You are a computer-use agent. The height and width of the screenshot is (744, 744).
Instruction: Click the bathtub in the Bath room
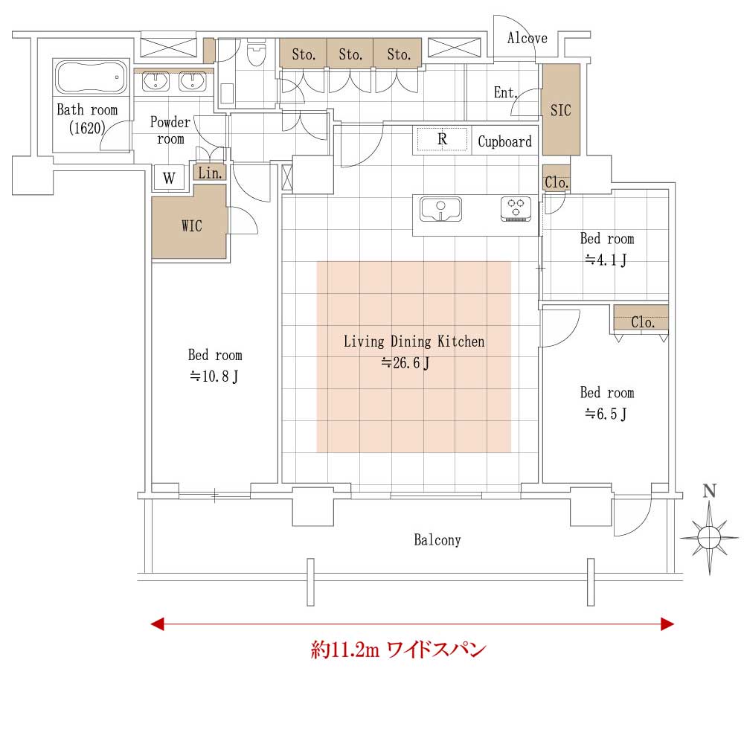[91, 77]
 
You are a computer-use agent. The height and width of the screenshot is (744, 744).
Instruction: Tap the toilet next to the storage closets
[257, 52]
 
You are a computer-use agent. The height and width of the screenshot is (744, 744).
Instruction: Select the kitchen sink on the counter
[440, 209]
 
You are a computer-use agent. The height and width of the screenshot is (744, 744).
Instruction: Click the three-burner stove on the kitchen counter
[516, 209]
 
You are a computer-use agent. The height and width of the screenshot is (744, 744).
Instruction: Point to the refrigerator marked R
[442, 139]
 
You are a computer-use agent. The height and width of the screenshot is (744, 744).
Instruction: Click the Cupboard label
[504, 141]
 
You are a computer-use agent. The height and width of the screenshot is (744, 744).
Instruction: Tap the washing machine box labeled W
[169, 178]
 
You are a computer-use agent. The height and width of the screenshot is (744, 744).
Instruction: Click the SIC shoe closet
[561, 109]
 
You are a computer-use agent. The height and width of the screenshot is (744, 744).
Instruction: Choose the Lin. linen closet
[210, 173]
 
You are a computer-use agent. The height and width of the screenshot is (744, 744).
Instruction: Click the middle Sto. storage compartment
[350, 53]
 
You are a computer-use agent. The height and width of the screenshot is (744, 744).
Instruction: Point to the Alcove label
[527, 38]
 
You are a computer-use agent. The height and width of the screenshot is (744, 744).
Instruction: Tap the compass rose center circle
[709, 538]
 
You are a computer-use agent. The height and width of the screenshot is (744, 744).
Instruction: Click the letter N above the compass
[709, 491]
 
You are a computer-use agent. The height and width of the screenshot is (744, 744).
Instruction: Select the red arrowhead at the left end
[158, 623]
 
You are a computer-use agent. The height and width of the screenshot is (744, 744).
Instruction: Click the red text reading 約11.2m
[345, 649]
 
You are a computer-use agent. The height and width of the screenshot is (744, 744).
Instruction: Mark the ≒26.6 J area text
[405, 363]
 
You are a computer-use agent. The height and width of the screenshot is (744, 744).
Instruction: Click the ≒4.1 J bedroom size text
[606, 260]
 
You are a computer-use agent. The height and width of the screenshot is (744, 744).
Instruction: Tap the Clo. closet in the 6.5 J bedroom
[641, 318]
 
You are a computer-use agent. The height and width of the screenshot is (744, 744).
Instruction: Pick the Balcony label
[437, 540]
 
